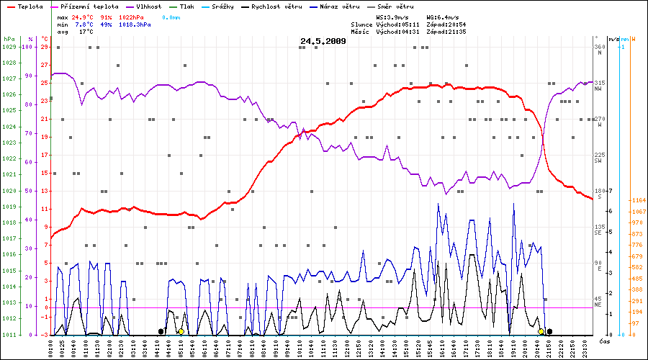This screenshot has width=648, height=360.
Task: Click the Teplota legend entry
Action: click(29, 6)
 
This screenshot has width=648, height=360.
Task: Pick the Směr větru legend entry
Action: click(395, 6)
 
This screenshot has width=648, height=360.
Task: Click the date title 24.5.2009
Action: click(323, 41)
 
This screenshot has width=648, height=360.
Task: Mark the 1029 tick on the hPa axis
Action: click(9, 47)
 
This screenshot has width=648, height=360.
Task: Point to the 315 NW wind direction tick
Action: click(598, 84)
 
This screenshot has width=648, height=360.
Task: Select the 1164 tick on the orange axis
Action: click(636, 199)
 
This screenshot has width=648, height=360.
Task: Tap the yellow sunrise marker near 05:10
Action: click(180, 331)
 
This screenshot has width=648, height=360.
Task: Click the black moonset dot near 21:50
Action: click(550, 331)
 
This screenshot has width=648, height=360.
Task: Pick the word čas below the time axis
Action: click(605, 341)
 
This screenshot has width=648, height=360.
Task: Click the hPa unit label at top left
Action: click(9, 38)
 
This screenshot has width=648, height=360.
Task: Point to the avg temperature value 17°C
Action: click(86, 32)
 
